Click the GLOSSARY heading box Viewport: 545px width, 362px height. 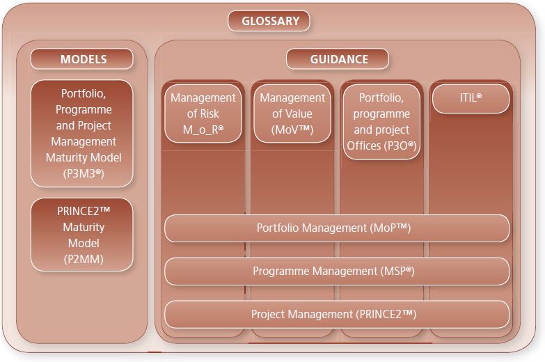tap(269, 21)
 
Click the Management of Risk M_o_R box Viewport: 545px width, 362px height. tap(203, 113)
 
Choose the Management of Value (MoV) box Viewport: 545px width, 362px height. tap(292, 113)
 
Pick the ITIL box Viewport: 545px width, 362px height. tap(471, 99)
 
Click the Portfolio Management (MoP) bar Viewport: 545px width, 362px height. tap(337, 228)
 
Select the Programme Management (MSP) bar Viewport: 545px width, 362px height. tap(337, 271)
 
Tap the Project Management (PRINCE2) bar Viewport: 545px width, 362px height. tap(337, 315)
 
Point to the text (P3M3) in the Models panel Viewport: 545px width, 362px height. tap(84, 173)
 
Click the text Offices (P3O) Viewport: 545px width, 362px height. tap(381, 145)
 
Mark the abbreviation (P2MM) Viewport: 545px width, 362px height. tap(84, 259)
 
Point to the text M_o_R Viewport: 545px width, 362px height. tap(203, 129)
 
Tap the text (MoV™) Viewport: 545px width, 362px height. tap(292, 129)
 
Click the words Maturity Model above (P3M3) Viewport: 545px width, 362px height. tap(84, 157)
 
